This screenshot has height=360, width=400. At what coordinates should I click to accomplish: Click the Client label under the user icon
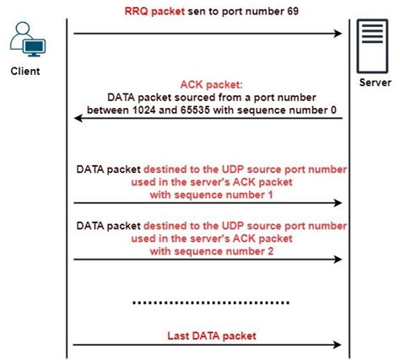[x=25, y=71]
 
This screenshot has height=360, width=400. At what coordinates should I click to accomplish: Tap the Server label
[x=374, y=84]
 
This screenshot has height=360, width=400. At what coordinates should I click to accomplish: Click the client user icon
[x=25, y=40]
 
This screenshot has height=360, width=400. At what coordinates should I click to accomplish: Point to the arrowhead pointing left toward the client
[x=78, y=119]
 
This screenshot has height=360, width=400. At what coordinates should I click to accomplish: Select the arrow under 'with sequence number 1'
[x=208, y=202]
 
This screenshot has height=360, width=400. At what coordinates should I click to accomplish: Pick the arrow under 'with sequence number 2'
[x=208, y=259]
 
